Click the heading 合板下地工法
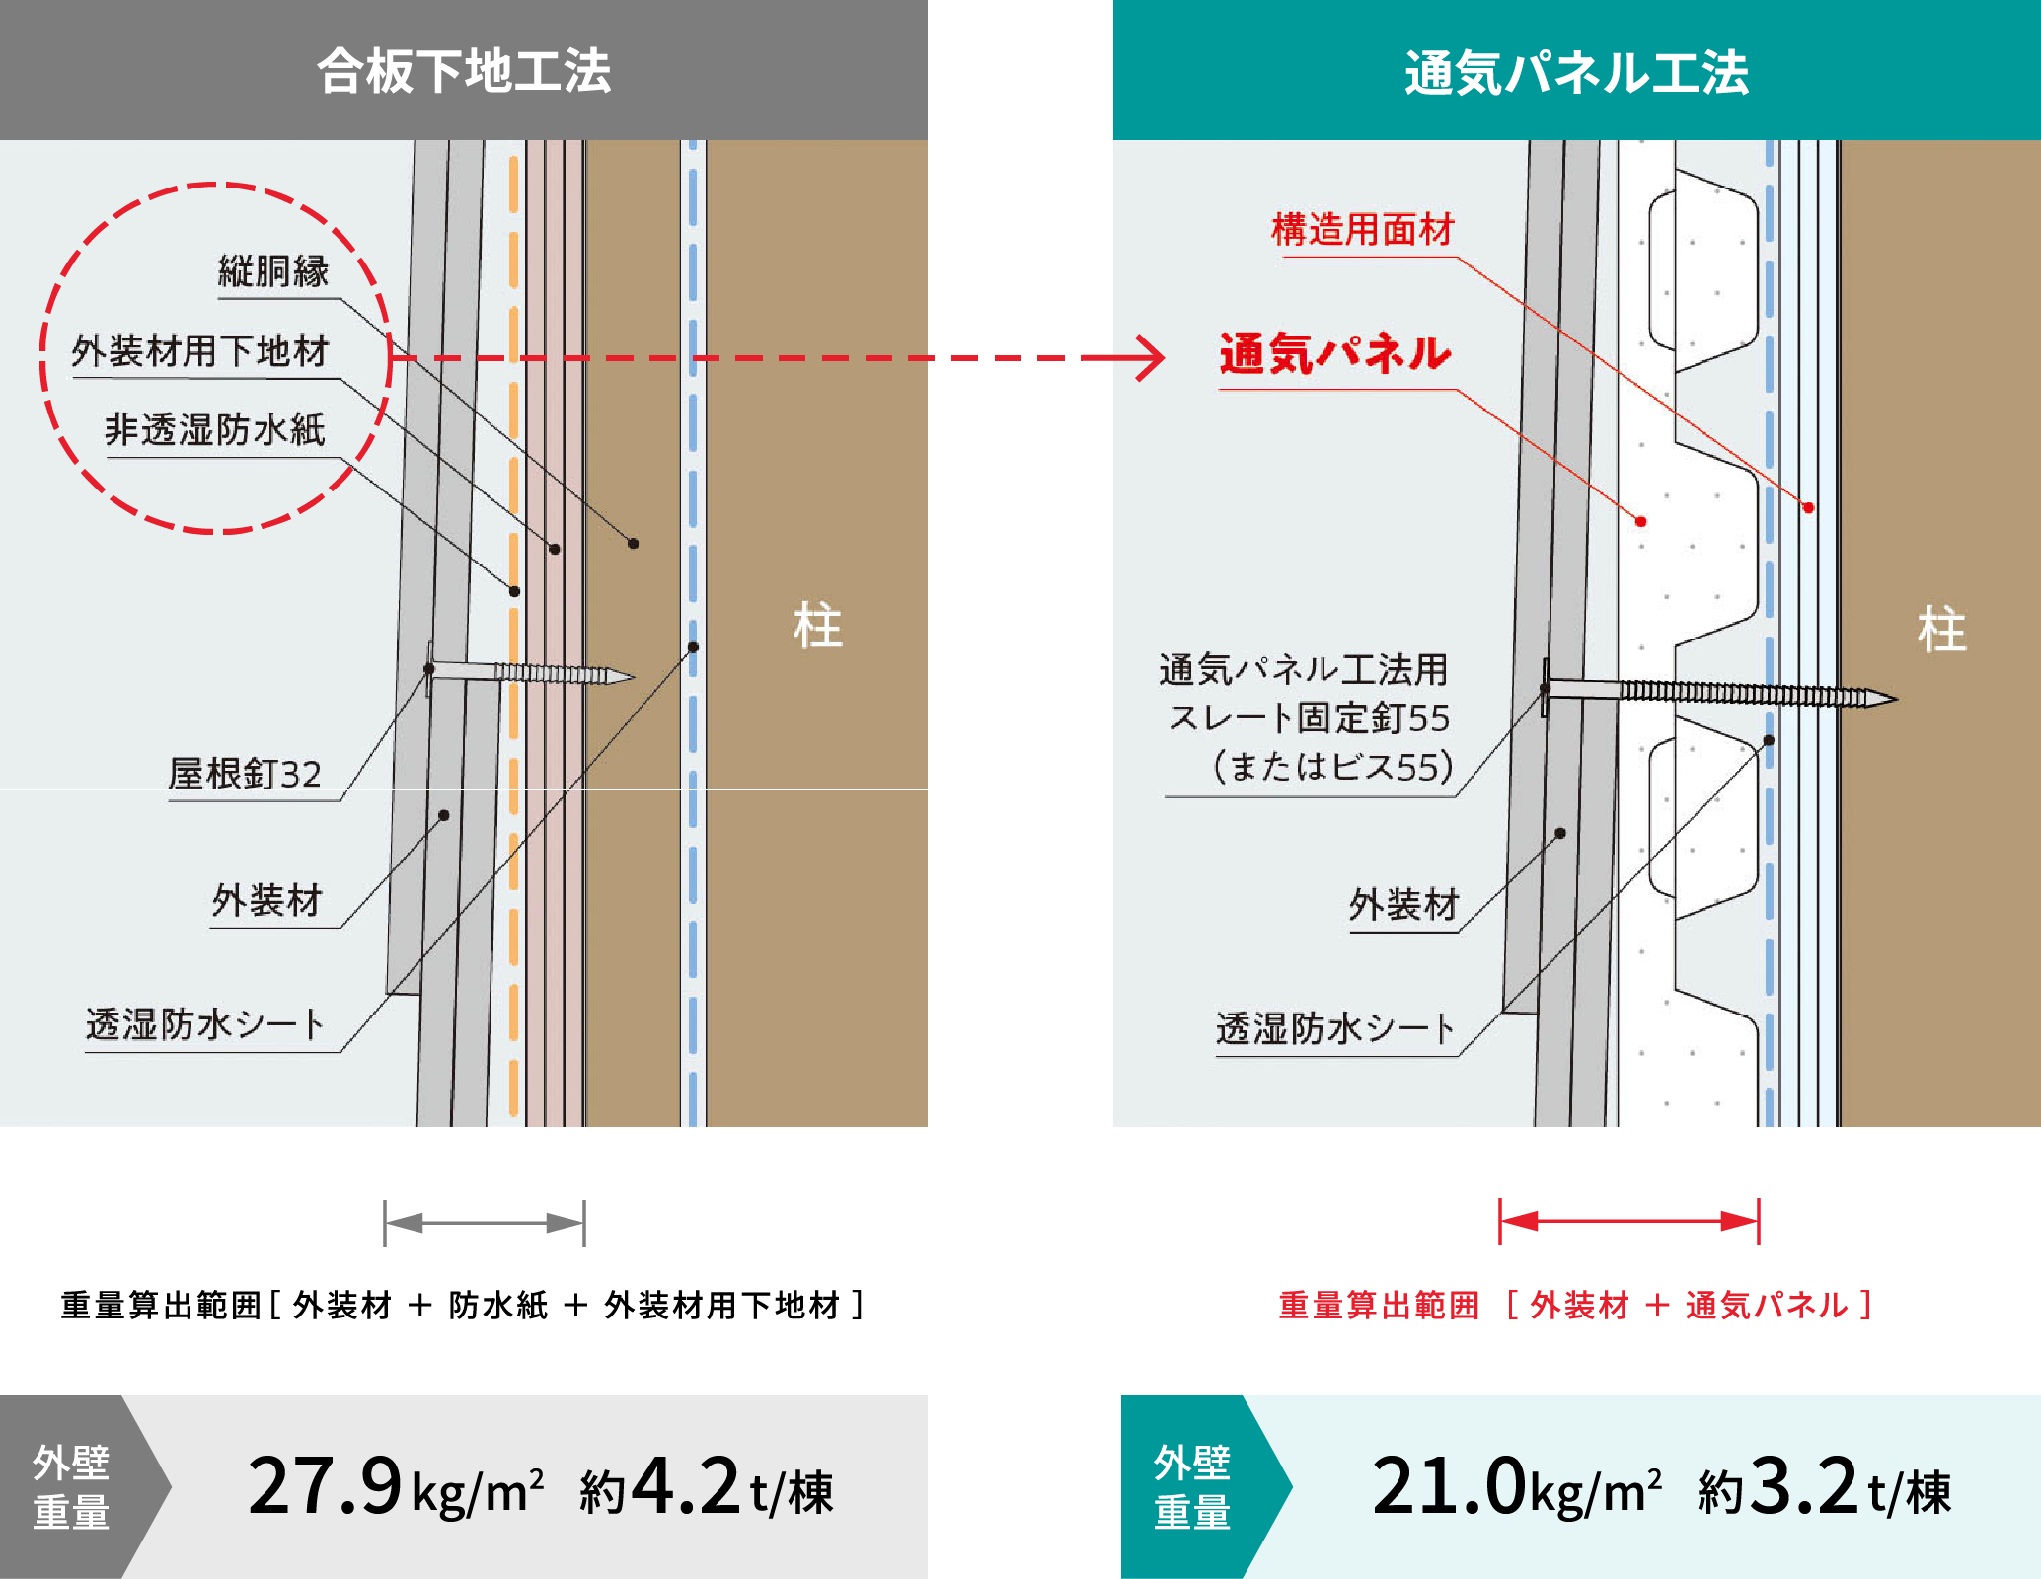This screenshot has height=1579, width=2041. point(464,71)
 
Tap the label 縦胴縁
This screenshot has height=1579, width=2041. point(273,270)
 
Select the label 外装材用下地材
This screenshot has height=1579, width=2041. point(200,350)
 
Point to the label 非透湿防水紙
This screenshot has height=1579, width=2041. point(215,429)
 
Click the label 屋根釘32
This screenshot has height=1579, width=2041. point(245,774)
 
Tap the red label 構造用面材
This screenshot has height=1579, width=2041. point(1363,229)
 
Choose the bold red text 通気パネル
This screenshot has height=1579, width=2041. point(1335,353)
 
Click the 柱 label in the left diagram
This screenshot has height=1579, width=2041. point(818,627)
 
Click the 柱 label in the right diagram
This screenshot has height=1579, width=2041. point(1941,630)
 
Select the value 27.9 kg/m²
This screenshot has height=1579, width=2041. point(395,1486)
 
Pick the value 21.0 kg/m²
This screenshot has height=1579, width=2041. point(1516,1486)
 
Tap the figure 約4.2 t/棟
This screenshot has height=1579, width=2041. point(707,1488)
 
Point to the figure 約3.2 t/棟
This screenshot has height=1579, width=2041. point(1824,1488)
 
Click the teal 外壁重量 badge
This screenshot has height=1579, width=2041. point(1192,1486)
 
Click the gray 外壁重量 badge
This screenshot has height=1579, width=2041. point(71,1486)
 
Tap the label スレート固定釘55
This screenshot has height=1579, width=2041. point(1309,717)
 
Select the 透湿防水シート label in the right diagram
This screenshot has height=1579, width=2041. point(1334,1028)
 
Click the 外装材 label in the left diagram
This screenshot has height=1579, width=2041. point(267,900)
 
